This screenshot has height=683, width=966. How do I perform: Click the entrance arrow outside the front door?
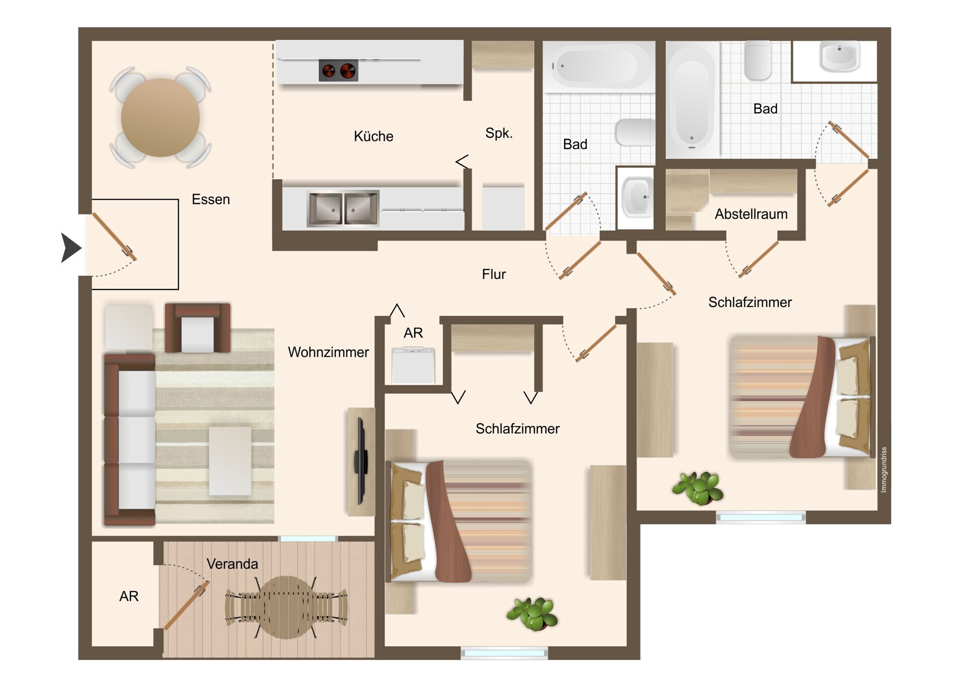pyautogui.click(x=71, y=248)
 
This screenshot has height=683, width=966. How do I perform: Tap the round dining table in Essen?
pyautogui.click(x=160, y=117)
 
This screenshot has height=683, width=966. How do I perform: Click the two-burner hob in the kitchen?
pyautogui.click(x=338, y=71)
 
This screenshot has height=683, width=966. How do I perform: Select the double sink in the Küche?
pyautogui.click(x=343, y=208)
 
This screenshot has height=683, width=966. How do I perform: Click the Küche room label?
pyautogui.click(x=373, y=136)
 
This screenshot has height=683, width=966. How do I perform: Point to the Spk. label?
pyautogui.click(x=499, y=133)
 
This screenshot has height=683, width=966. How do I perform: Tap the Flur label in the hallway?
pyautogui.click(x=494, y=274)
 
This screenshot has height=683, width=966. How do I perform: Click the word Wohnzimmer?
pyautogui.click(x=328, y=352)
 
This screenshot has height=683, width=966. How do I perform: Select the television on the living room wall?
pyautogui.click(x=361, y=461)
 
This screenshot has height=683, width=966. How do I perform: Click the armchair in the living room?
pyautogui.click(x=198, y=328)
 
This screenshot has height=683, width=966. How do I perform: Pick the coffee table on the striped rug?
pyautogui.click(x=230, y=461)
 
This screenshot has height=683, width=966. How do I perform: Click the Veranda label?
pyautogui.click(x=232, y=564)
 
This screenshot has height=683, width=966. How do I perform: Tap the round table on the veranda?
pyautogui.click(x=286, y=608)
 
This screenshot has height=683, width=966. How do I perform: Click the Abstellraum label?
pyautogui.click(x=751, y=214)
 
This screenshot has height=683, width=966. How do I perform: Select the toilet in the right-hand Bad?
pyautogui.click(x=758, y=60)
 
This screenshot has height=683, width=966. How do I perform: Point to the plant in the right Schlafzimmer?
pyautogui.click(x=698, y=488)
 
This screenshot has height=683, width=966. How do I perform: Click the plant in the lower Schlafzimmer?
pyautogui.click(x=532, y=614)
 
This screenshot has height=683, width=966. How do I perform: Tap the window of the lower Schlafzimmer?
pyautogui.click(x=504, y=653)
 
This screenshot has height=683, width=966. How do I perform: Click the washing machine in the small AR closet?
pyautogui.click(x=413, y=365)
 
